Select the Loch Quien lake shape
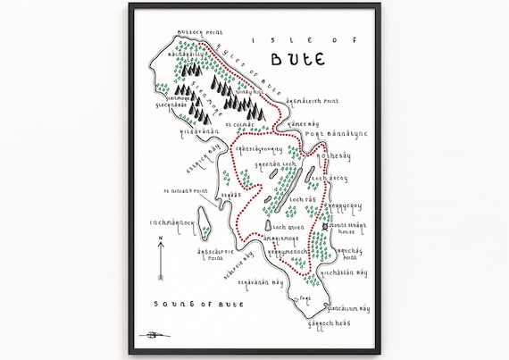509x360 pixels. tap(268, 227)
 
